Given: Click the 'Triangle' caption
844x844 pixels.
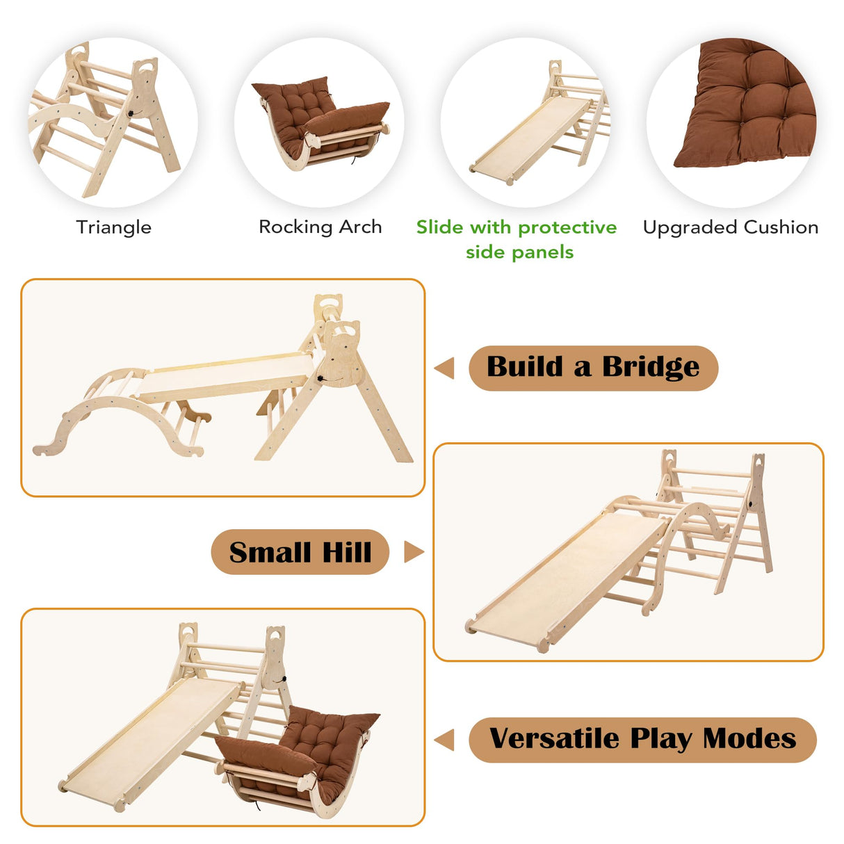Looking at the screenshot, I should pyautogui.click(x=113, y=227).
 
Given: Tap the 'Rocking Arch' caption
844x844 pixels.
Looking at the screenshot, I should pyautogui.click(x=320, y=227).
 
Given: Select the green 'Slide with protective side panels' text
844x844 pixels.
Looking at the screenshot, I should pyautogui.click(x=517, y=238).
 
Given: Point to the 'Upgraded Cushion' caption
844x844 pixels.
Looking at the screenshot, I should pyautogui.click(x=730, y=227).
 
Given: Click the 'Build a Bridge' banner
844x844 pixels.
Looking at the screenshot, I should pyautogui.click(x=593, y=368).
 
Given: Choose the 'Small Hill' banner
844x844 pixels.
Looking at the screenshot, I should pyautogui.click(x=300, y=552).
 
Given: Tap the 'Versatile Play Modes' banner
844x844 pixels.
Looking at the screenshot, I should pyautogui.click(x=642, y=739).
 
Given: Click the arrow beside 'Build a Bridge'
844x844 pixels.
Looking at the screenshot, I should pyautogui.click(x=444, y=368).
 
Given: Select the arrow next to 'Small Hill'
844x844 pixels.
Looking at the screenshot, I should pyautogui.click(x=414, y=552).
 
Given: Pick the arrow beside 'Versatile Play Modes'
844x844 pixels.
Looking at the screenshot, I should pyautogui.click(x=444, y=740).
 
